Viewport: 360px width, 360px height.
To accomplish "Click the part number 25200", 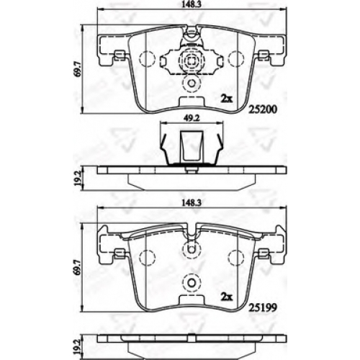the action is point(263,109).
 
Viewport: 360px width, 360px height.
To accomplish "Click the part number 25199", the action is point(263,307).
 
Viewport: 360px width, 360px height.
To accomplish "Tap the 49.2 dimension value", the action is point(192,118).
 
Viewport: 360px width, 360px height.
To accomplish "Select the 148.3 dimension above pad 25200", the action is point(192,4).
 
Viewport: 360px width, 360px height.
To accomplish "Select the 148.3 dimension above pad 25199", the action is point(192,203).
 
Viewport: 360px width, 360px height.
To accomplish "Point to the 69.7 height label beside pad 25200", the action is point(77,69).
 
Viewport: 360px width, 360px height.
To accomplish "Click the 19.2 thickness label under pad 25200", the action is point(77,179).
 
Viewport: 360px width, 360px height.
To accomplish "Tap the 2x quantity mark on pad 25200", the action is point(227,99).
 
